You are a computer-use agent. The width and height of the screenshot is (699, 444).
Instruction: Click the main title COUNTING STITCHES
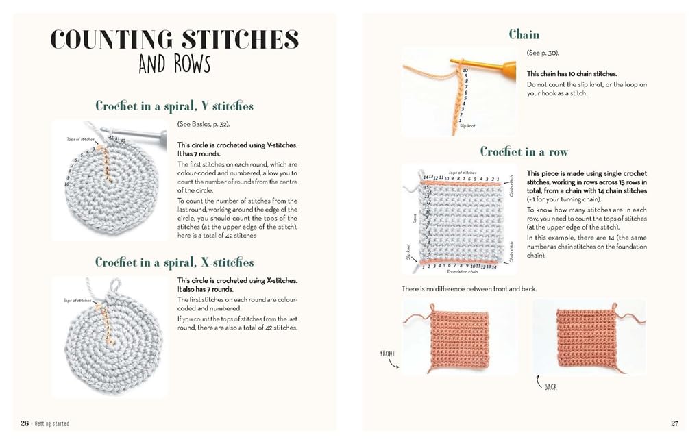tap(175, 39)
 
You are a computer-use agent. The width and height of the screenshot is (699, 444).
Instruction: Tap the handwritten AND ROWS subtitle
tap(174, 64)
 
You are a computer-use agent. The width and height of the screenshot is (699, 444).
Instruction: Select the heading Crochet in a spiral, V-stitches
tap(174, 106)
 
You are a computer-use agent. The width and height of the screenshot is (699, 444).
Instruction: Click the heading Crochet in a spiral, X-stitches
tap(174, 262)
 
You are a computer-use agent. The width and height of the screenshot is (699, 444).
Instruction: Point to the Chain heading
tap(524, 34)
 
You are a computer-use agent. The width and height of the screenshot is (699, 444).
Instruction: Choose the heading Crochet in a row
tap(524, 151)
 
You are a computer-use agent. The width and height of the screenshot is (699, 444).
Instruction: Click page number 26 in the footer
tap(24, 423)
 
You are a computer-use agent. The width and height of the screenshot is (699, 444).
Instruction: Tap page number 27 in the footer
tap(674, 423)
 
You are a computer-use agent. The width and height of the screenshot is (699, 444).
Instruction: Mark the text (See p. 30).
tap(538, 53)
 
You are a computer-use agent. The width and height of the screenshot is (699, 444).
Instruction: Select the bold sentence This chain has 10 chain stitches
tap(572, 73)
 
